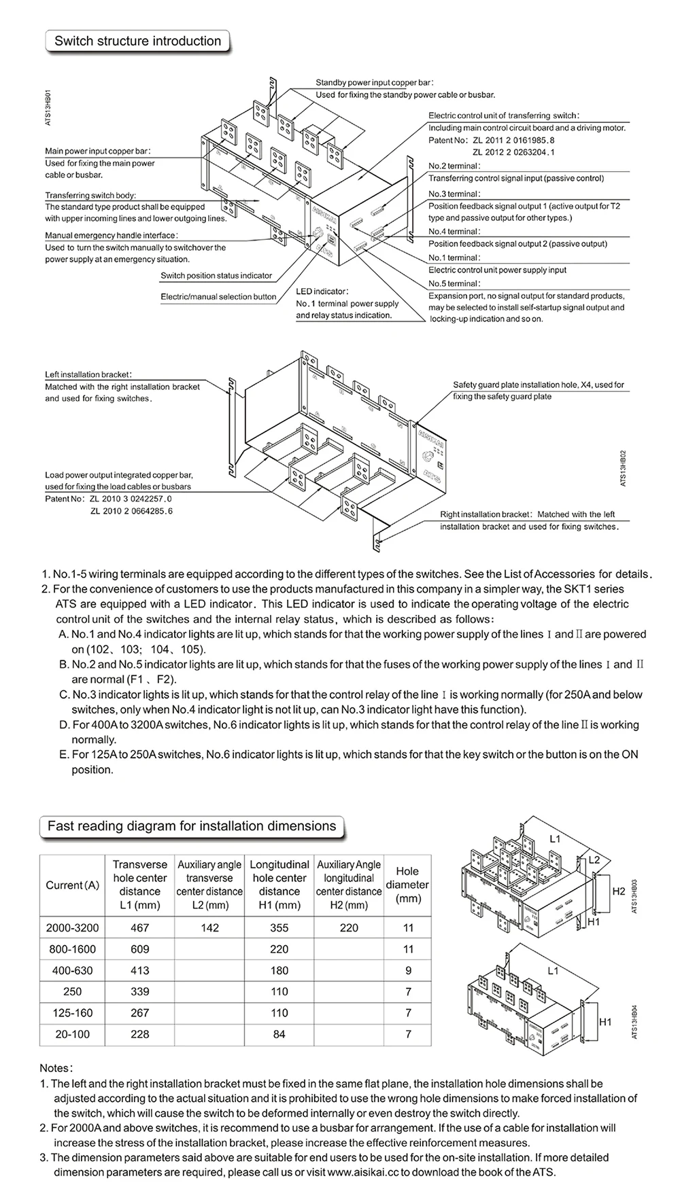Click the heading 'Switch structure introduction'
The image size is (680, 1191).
(137, 41)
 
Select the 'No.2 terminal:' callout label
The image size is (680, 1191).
(454, 166)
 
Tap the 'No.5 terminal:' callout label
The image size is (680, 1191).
(454, 283)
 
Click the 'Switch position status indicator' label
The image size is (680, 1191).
(216, 276)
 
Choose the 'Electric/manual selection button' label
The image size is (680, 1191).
(218, 297)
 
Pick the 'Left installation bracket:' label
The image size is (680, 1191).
(88, 374)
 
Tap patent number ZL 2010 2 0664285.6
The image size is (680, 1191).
(131, 511)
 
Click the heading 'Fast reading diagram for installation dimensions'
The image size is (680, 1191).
(192, 826)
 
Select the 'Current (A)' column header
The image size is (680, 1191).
(73, 885)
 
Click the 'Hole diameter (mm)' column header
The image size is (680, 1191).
(407, 885)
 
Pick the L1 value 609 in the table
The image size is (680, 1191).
(139, 949)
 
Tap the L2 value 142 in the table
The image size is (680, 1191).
(209, 927)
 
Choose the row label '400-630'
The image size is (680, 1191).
(73, 970)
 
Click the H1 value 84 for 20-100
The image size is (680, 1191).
(279, 1034)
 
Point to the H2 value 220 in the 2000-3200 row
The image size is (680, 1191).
(349, 927)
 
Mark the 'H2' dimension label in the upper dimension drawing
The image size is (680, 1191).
(617, 891)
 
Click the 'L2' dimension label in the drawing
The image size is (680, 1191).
(594, 859)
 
